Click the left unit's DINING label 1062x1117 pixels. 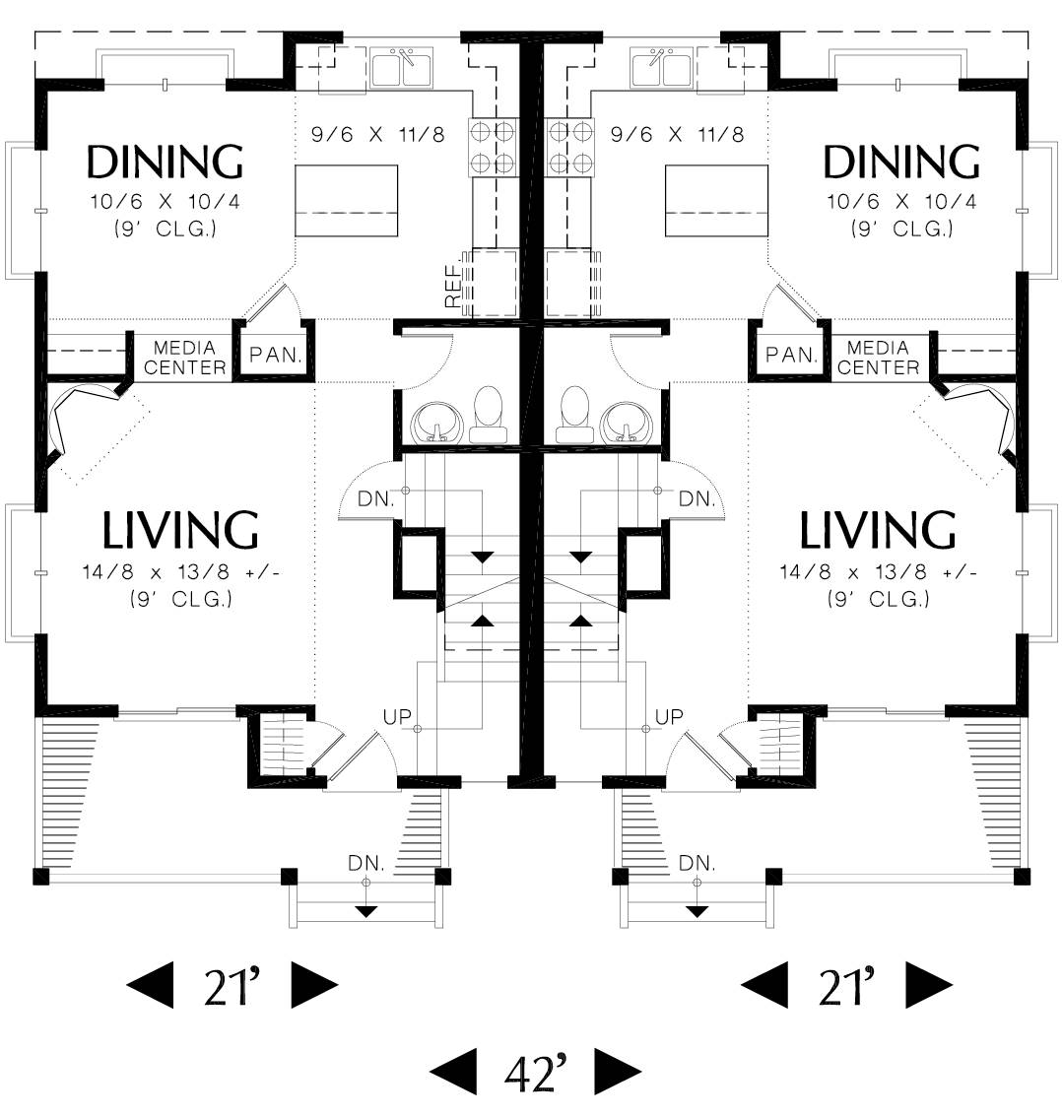[165, 162]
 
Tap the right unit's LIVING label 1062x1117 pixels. [877, 530]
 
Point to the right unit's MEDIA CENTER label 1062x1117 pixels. [878, 358]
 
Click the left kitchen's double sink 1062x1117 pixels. [401, 68]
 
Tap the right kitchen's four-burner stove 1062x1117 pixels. [569, 147]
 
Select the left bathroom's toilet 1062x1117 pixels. [488, 415]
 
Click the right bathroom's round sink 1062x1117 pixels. [625, 423]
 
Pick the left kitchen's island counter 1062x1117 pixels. [346, 200]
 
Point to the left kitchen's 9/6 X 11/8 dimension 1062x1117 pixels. [377, 134]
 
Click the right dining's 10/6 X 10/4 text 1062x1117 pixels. [901, 202]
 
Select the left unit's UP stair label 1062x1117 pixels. [397, 716]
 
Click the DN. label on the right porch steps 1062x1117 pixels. [697, 863]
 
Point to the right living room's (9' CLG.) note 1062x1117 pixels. [878, 599]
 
